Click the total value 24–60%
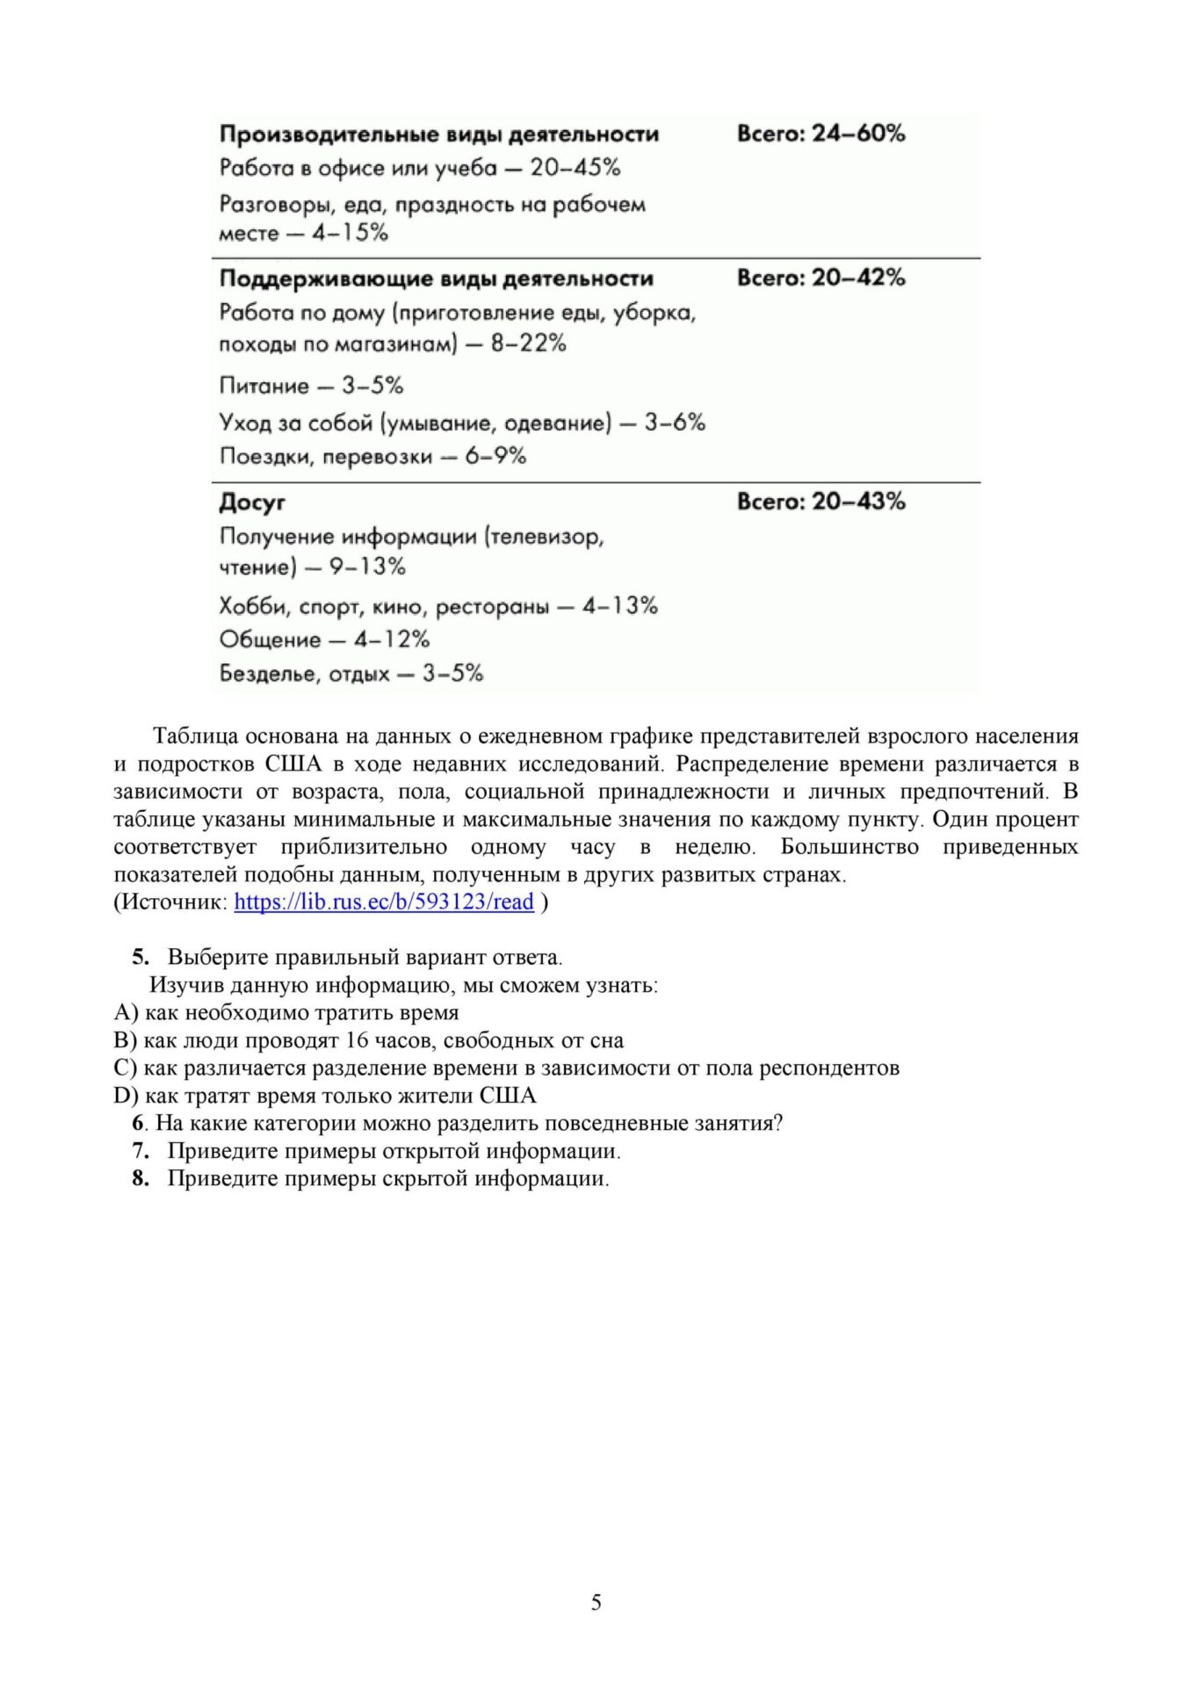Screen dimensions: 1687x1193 pyautogui.click(x=857, y=134)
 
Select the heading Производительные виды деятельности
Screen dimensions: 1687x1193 pyautogui.click(x=438, y=134)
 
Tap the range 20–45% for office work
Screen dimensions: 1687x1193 pyautogui.click(x=575, y=168)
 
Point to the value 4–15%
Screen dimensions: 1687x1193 pyautogui.click(x=350, y=233)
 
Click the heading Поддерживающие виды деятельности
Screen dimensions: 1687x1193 pyautogui.click(x=436, y=279)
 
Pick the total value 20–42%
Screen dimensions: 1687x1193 pyautogui.click(x=857, y=278)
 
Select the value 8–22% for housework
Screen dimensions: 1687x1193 pyautogui.click(x=528, y=344)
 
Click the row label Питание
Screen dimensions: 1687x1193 pyautogui.click(x=264, y=386)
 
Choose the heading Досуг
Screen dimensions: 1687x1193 pyautogui.click(x=252, y=503)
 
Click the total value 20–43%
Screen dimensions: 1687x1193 pyautogui.click(x=857, y=502)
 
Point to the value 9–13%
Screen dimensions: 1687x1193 pyautogui.click(x=367, y=567)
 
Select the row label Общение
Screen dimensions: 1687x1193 pyautogui.click(x=270, y=640)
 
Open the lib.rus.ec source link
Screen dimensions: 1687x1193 pyautogui.click(x=384, y=901)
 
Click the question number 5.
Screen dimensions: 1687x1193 pyautogui.click(x=140, y=957)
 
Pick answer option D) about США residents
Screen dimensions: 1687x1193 pyautogui.click(x=325, y=1096)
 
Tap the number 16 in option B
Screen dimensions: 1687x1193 pyautogui.click(x=357, y=1040)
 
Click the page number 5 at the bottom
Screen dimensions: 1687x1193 pyautogui.click(x=596, y=1603)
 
